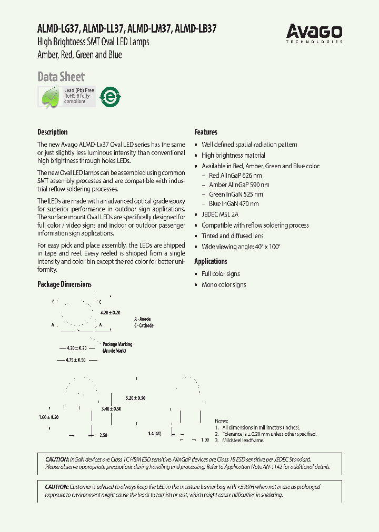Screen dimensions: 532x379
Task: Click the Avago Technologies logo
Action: [x=315, y=33]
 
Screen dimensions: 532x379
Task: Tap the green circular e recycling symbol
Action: [x=111, y=97]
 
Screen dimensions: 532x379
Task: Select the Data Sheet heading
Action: [x=61, y=77]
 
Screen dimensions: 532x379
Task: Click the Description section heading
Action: [x=53, y=132]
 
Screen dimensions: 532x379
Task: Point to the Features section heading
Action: [x=206, y=132]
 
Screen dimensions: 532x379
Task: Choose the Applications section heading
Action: [x=211, y=261]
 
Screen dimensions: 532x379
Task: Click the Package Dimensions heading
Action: [x=64, y=284]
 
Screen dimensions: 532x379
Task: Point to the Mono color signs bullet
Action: [x=224, y=285]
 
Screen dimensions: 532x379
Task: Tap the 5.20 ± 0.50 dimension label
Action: [x=135, y=398]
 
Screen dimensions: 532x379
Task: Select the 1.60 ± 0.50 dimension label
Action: [x=48, y=417]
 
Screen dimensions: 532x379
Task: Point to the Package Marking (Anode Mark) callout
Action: [x=117, y=347]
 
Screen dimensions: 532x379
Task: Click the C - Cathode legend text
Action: [x=144, y=325]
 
